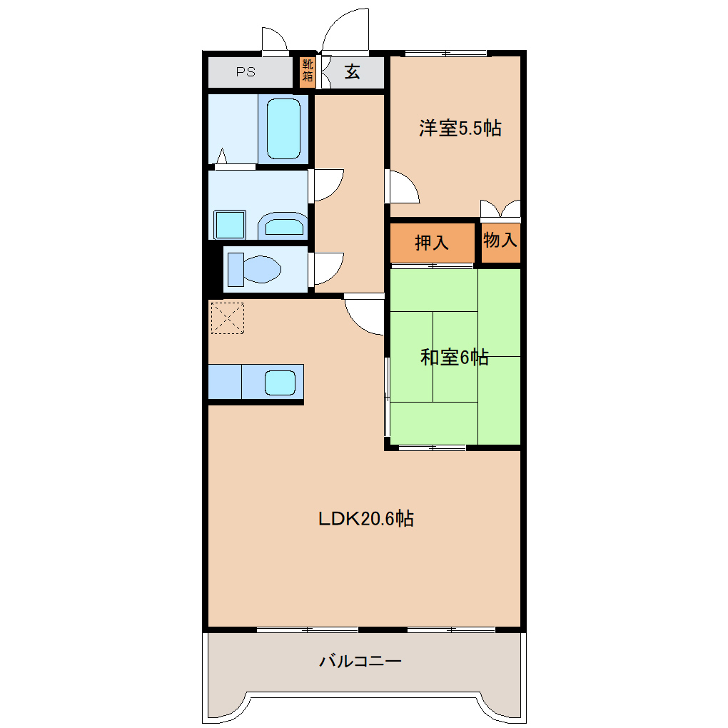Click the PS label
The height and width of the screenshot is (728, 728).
tap(246, 72)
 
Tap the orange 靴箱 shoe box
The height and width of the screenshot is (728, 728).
tap(308, 71)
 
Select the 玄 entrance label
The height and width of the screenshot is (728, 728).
tap(353, 72)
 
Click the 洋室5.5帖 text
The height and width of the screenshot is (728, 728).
tap(460, 128)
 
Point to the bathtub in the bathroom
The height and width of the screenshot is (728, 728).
tap(283, 128)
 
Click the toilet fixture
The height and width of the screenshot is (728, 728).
tap(254, 269)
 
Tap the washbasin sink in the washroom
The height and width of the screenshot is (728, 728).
tap(283, 226)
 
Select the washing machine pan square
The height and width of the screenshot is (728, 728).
tap(230, 225)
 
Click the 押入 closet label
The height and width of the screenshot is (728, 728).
tap(432, 243)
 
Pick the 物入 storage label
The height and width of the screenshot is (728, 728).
tap(500, 240)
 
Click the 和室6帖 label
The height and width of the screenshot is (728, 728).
tap(455, 358)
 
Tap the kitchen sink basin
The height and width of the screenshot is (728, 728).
tap(280, 383)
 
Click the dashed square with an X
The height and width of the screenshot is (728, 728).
tap(228, 318)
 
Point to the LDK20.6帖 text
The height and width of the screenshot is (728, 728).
tap(366, 519)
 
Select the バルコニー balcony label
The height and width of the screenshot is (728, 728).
tap(360, 661)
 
